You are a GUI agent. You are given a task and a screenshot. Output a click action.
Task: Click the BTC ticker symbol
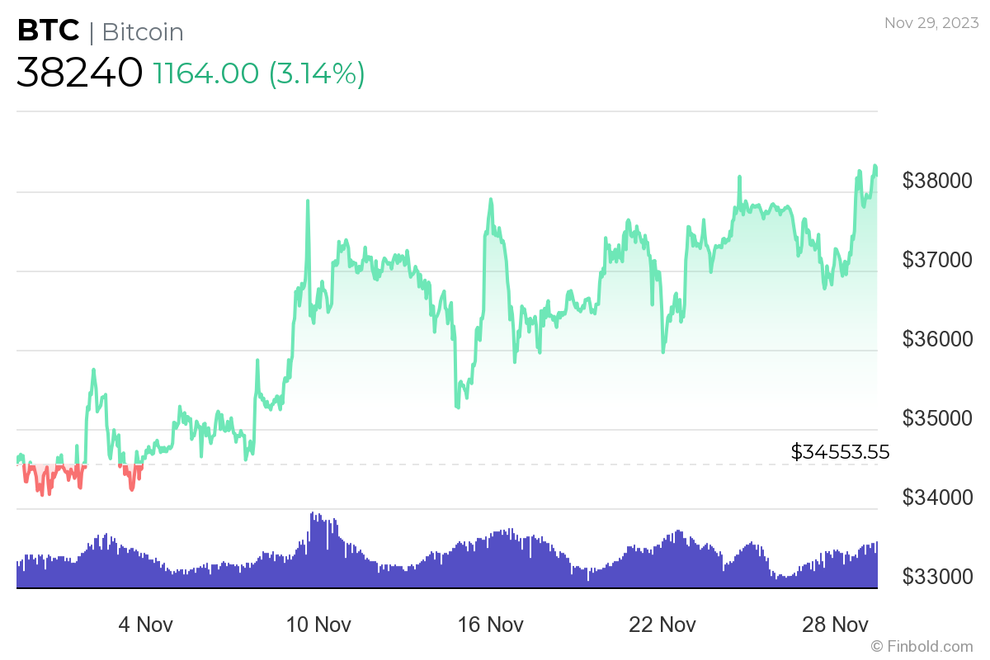point(48,31)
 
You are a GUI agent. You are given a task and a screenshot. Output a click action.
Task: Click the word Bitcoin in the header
point(143,32)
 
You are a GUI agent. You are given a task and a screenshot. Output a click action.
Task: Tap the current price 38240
point(79,73)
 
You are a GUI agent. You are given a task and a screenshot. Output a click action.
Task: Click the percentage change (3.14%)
point(317,73)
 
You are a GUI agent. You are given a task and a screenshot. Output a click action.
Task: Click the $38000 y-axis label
point(938,180)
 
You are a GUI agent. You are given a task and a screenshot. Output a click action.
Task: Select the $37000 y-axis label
point(938,259)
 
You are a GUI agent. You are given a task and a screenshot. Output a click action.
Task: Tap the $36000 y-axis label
point(938,338)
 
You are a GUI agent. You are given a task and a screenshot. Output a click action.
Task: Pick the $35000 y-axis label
point(938,417)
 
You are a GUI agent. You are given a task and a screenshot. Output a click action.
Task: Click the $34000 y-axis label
point(938,497)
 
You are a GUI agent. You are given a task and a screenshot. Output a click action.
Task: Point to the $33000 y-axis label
point(938,576)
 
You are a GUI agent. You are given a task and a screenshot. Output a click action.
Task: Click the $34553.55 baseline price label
point(840,451)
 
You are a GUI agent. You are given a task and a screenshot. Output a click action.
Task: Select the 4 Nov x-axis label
point(145,624)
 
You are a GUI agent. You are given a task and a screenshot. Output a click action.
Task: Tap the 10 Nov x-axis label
point(318,624)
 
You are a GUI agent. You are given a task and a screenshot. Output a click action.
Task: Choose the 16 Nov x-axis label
point(490,624)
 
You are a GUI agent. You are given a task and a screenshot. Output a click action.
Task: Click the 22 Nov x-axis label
point(662,624)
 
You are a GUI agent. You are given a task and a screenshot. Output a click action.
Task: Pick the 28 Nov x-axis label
point(835,624)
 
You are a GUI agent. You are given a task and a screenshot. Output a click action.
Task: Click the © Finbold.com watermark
point(922,646)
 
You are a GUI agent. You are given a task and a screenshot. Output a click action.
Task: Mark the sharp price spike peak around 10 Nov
point(308,200)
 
